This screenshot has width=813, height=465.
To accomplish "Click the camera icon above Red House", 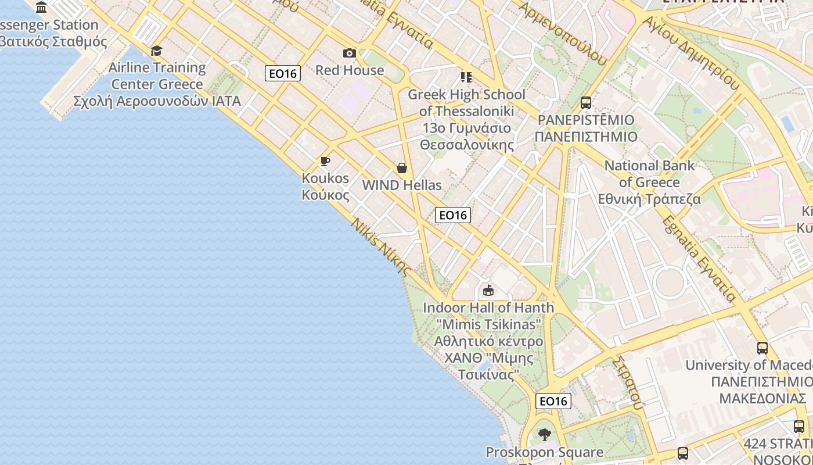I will click(349, 53).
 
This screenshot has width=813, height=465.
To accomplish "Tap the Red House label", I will click(350, 70).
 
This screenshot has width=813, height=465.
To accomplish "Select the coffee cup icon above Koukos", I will click(325, 161).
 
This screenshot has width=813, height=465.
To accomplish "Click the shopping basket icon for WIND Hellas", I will click(401, 169).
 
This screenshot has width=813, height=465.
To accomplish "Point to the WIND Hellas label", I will click(402, 185).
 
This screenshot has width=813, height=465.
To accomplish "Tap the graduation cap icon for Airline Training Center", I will click(156, 51).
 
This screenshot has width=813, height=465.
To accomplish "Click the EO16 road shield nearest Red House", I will click(283, 73).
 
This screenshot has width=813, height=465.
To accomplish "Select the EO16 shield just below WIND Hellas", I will click(453, 215).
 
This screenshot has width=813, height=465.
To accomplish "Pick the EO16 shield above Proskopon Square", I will click(553, 401).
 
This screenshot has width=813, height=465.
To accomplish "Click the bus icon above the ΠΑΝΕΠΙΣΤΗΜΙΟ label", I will click(586, 103).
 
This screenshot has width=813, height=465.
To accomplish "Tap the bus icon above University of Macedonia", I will click(762, 348).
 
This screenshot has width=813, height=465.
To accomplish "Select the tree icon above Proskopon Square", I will click(544, 434).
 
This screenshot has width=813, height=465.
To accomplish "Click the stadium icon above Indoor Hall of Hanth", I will click(488, 290).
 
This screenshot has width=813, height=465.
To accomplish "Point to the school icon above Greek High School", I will click(466, 77).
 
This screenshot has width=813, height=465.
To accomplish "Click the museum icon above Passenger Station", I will click(41, 8).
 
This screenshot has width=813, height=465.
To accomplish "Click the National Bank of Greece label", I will click(649, 183).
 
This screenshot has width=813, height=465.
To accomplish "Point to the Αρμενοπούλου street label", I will click(561, 32).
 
